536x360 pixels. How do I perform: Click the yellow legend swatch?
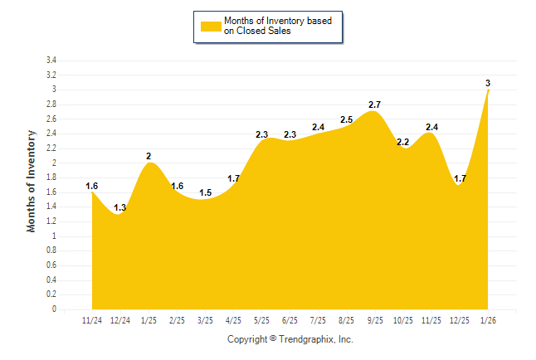click(x=211, y=26)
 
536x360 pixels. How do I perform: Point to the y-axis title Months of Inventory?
click(x=32, y=180)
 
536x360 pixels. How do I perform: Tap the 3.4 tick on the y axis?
click(x=51, y=61)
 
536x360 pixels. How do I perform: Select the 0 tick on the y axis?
click(x=54, y=309)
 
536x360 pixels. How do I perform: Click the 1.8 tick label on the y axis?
click(x=51, y=178)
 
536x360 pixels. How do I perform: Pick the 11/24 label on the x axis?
click(x=92, y=320)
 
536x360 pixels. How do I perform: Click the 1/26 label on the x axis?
click(x=488, y=320)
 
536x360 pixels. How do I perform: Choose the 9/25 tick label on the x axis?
click(x=375, y=320)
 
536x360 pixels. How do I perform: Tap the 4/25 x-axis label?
click(x=233, y=320)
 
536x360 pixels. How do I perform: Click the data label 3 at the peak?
click(x=488, y=83)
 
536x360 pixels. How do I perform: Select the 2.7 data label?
click(x=374, y=105)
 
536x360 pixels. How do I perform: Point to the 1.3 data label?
click(x=120, y=207)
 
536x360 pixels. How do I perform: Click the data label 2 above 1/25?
click(x=149, y=156)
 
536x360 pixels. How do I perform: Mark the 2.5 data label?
click(x=346, y=119)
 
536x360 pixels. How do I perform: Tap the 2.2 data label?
click(x=403, y=142)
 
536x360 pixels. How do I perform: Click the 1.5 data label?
click(x=205, y=192)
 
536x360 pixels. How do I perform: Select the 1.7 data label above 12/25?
click(x=460, y=178)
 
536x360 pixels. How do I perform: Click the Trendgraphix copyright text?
click(x=290, y=339)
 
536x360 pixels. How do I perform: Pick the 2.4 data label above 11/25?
click(x=431, y=127)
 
